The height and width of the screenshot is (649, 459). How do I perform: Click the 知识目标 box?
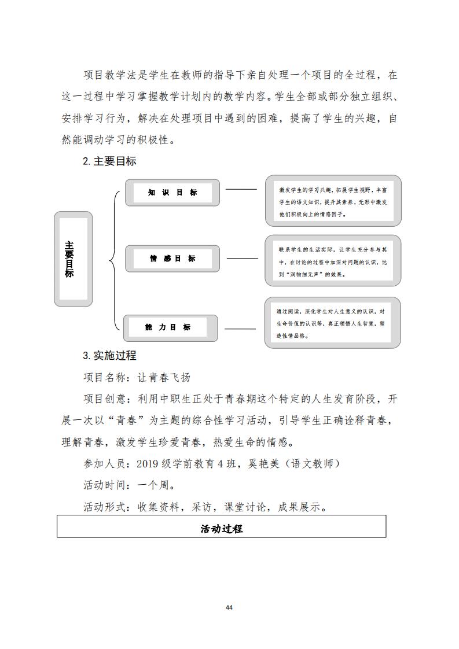pyautogui.click(x=172, y=193)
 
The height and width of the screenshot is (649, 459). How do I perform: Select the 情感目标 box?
pyautogui.click(x=172, y=259)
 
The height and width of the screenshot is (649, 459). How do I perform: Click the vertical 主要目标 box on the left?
pyautogui.click(x=73, y=259)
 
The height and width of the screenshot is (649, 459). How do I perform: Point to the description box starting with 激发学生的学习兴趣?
pyautogui.click(x=333, y=201)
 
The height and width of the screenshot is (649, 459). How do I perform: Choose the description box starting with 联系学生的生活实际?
pyautogui.click(x=333, y=260)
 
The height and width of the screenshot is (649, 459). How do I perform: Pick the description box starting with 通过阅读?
pyautogui.click(x=333, y=322)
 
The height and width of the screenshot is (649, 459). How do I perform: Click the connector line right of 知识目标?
pyautogui.click(x=241, y=189)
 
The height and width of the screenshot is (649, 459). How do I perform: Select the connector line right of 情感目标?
pyautogui.click(x=243, y=259)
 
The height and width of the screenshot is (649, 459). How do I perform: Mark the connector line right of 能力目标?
pyautogui.click(x=240, y=329)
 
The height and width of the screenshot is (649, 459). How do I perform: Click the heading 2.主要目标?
pyautogui.click(x=109, y=161)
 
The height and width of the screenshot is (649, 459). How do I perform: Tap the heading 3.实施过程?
pyautogui.click(x=109, y=355)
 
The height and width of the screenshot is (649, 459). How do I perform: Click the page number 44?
pyautogui.click(x=229, y=608)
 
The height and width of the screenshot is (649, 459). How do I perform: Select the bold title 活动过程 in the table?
pyautogui.click(x=222, y=529)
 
